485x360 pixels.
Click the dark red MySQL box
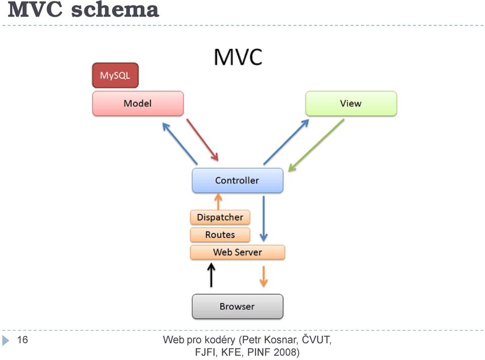pos(115,75)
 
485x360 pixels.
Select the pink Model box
pos(138,103)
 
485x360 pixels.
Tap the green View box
pos(351,103)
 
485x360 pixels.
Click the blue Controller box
pos(237,181)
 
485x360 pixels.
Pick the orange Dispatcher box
pos(220,217)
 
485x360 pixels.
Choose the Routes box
pos(220,235)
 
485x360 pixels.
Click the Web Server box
pos(237,252)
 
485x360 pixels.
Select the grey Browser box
pos(237,306)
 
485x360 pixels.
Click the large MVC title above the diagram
pos(238,57)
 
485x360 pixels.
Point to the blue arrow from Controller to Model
pos(180,143)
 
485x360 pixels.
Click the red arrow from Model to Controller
pos(203,140)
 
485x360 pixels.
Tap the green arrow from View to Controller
pos(316,145)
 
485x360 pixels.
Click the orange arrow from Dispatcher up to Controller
pos(218,202)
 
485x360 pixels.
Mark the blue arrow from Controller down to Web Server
pos(264,218)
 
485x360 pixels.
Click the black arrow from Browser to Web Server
pos(211,275)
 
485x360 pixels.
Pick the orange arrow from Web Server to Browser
pos(264,277)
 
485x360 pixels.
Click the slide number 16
pos(23,340)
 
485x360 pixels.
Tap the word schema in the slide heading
pos(115,10)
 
